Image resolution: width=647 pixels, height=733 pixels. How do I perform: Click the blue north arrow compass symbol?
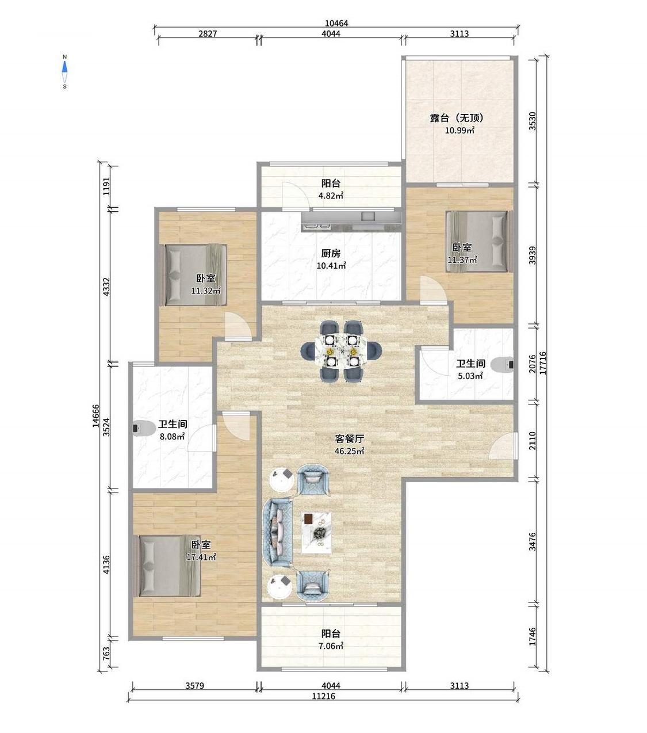(x=65, y=71)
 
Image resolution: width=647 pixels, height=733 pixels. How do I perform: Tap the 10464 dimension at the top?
(x=336, y=23)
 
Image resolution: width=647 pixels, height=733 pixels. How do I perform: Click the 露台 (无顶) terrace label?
(x=457, y=118)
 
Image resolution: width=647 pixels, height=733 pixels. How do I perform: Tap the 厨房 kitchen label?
(x=331, y=253)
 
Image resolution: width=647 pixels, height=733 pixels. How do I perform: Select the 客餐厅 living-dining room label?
(x=349, y=439)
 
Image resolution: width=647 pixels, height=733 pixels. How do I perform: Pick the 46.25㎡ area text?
(x=349, y=451)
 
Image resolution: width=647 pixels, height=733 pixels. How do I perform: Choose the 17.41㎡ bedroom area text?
(x=201, y=557)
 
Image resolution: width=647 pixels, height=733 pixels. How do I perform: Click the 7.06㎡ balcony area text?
(x=331, y=646)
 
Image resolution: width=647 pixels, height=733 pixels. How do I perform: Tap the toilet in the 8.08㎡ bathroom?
(x=143, y=429)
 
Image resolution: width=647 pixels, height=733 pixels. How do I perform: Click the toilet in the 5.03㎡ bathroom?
(x=503, y=365)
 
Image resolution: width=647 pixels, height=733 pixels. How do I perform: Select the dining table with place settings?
(x=342, y=350)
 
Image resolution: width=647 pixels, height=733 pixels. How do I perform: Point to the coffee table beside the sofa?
(x=316, y=533)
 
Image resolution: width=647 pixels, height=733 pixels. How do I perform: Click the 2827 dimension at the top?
(x=208, y=33)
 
